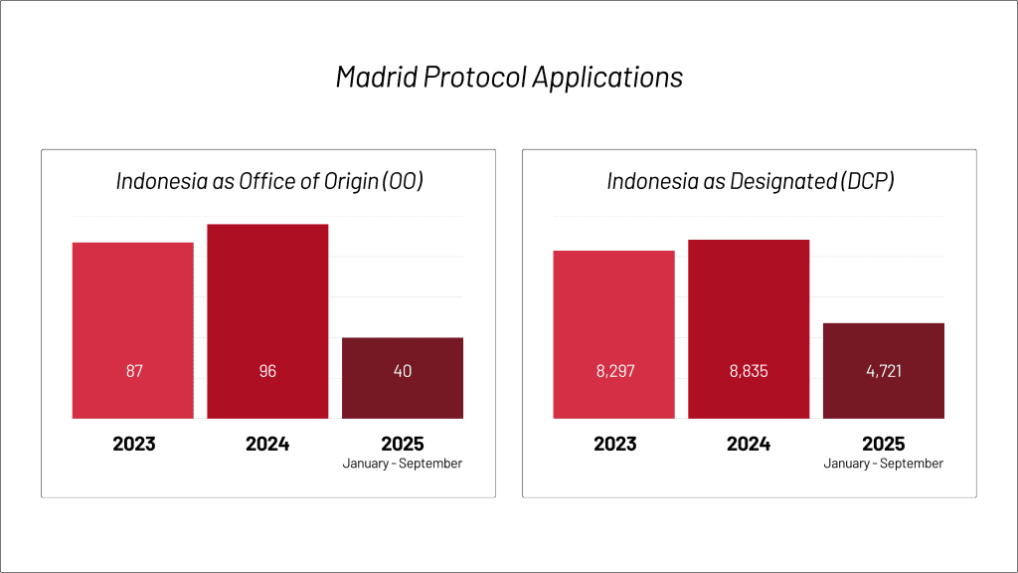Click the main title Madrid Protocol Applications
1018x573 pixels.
(509, 78)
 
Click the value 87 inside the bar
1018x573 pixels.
(133, 371)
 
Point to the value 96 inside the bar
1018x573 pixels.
(267, 371)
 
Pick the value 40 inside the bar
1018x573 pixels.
(403, 371)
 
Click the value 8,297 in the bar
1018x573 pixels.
(614, 371)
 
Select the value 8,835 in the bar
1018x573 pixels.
(749, 371)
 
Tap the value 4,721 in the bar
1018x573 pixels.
(884, 371)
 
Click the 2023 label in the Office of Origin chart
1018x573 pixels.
(133, 444)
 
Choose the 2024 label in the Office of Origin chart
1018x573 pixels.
(267, 444)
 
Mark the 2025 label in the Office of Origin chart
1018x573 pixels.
(403, 444)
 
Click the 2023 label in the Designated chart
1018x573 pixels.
(614, 444)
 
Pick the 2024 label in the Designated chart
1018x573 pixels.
(749, 444)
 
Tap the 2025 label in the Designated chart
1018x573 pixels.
(884, 444)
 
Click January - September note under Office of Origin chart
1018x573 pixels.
(403, 464)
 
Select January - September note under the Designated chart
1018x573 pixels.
(884, 464)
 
